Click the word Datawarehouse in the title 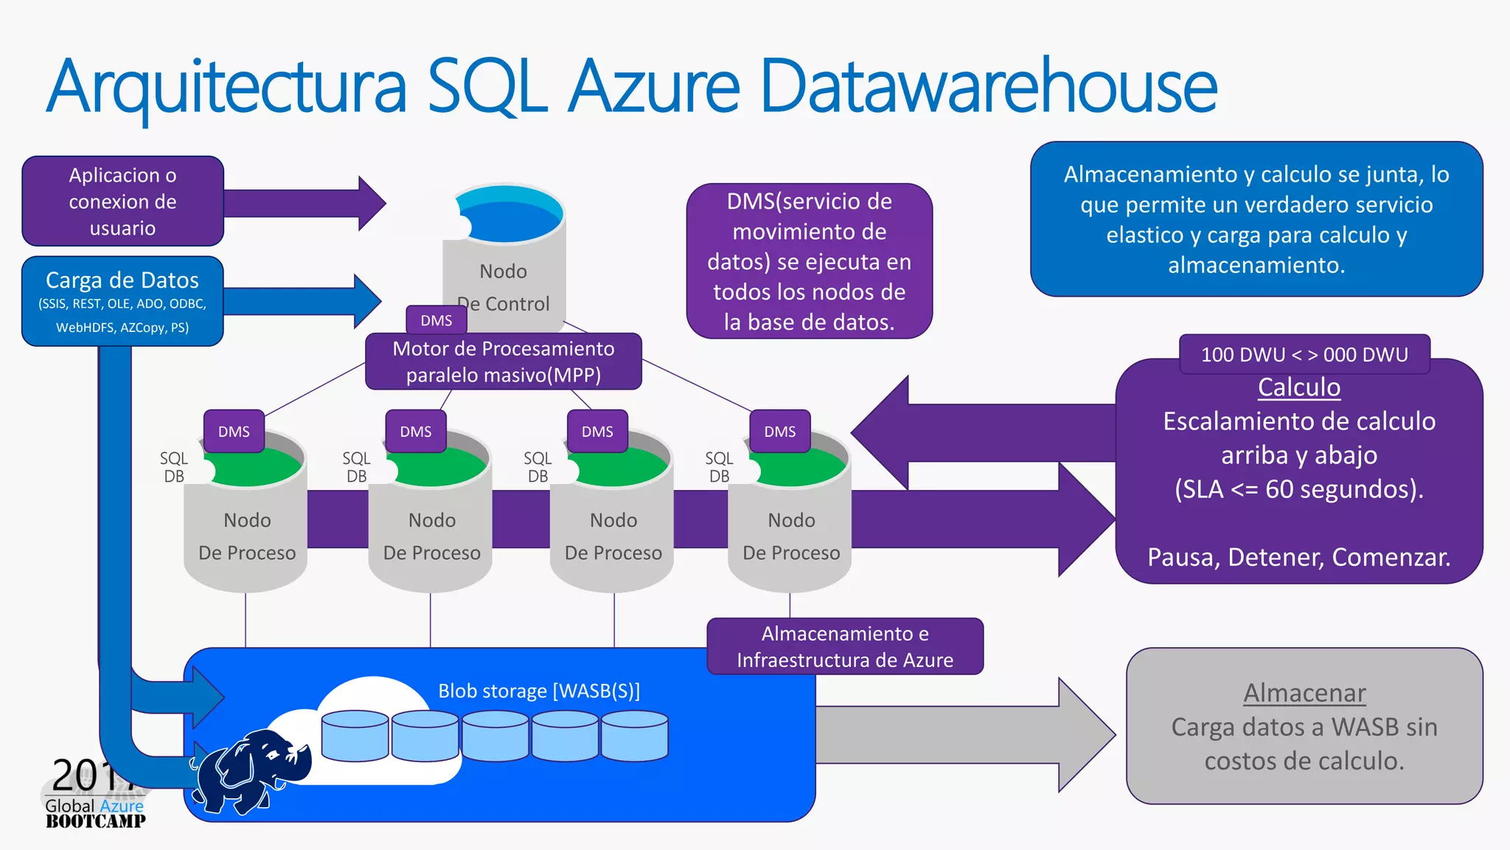click(x=988, y=87)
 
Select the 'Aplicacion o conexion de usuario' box click(x=122, y=201)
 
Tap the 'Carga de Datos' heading click(x=122, y=280)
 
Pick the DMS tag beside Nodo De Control click(x=436, y=320)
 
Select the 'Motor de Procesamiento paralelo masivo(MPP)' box click(x=504, y=362)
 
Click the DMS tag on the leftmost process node click(x=234, y=431)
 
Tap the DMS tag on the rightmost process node click(x=779, y=431)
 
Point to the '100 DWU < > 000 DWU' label click(x=1304, y=354)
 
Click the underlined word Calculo click(x=1298, y=387)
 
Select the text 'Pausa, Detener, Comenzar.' click(x=1298, y=557)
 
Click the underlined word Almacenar click(x=1304, y=693)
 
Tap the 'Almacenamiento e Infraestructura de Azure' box click(x=845, y=646)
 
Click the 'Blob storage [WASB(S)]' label click(x=539, y=691)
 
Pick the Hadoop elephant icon click(x=251, y=771)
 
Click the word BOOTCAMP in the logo click(x=95, y=821)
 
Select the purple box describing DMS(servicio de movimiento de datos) click(x=809, y=261)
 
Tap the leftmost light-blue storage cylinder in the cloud click(x=355, y=736)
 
